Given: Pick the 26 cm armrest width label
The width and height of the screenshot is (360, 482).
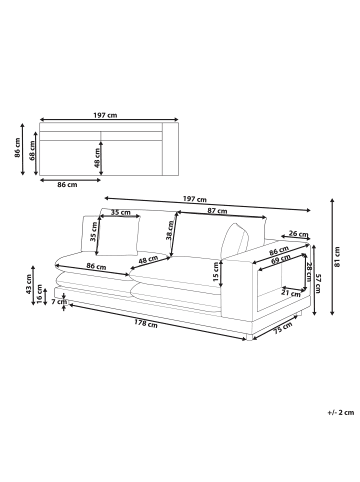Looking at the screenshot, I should [297, 235].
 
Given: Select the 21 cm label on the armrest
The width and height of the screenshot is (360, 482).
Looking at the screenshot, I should [291, 293].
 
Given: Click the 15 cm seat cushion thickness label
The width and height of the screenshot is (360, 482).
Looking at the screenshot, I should [217, 269].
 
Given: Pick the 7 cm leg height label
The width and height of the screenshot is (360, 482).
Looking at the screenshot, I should [59, 301].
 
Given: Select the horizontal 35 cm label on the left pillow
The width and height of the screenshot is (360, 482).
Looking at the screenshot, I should [120, 213].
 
